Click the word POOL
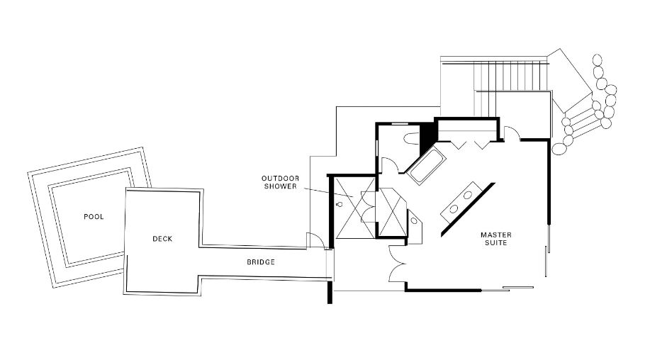point(94,216)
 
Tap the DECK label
point(162,239)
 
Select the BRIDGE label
point(261,261)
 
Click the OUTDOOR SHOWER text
point(280,182)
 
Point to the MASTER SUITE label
point(496,239)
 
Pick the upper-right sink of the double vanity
point(468,195)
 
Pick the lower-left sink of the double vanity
point(453,209)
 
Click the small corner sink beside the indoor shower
point(414,220)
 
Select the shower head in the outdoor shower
point(340,204)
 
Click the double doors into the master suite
point(397,264)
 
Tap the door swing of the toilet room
point(390,166)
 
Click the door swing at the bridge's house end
point(315,241)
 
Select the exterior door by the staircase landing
point(512,134)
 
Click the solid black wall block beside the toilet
point(427,133)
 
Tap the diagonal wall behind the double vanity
point(468,210)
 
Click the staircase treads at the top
point(511,76)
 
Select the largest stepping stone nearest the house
point(559,149)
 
